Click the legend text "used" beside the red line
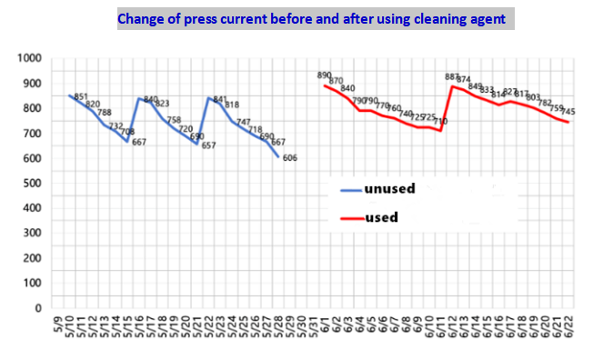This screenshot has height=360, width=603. click(x=381, y=217)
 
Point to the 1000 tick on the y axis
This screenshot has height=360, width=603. click(x=30, y=58)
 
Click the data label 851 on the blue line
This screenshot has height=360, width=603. click(x=81, y=96)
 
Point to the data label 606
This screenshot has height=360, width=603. click(x=290, y=158)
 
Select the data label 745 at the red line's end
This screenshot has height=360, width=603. click(x=568, y=112)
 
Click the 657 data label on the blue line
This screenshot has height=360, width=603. click(x=208, y=145)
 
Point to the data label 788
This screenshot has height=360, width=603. click(x=105, y=114)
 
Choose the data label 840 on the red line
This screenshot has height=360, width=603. click(x=348, y=89)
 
